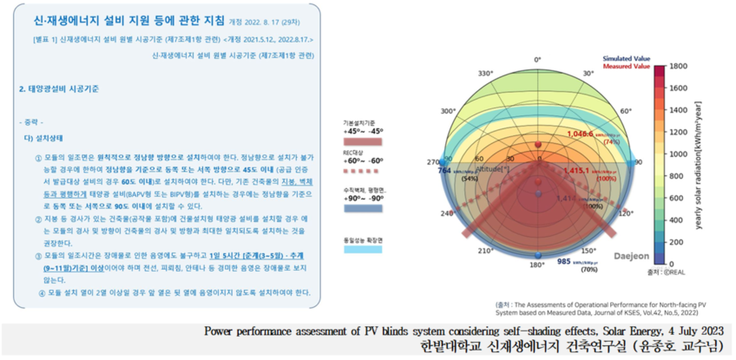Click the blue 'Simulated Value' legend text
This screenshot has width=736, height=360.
[627, 58]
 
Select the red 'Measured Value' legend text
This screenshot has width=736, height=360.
[627, 66]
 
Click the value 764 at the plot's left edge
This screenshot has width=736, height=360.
[444, 171]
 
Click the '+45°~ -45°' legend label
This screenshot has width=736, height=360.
[365, 130]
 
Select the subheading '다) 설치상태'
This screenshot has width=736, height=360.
[42, 137]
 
